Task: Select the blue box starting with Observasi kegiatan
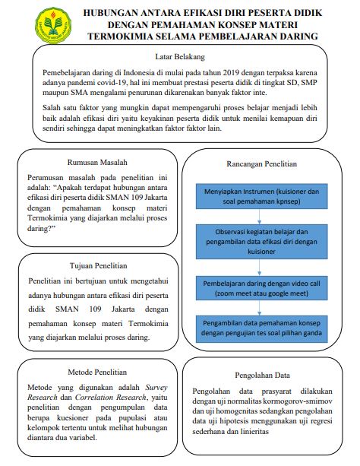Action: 262,241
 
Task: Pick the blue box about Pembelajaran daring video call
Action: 262,286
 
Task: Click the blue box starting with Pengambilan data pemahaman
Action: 262,329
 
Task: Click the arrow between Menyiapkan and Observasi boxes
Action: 261,217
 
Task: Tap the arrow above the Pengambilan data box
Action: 261,306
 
